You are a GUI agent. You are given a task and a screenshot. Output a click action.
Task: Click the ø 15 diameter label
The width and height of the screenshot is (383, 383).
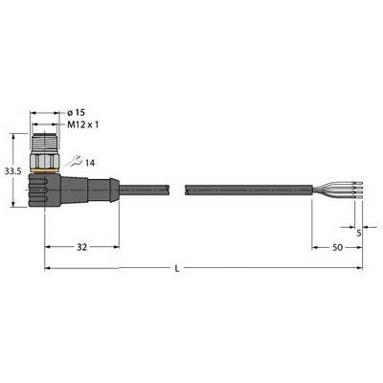(x=77, y=112)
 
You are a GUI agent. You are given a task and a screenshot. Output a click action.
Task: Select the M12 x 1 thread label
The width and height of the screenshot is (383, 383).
(x=83, y=124)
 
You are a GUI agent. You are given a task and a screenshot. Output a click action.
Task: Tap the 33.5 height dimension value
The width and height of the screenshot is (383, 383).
(x=12, y=171)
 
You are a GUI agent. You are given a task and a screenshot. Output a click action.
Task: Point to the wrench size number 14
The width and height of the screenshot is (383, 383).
(x=90, y=163)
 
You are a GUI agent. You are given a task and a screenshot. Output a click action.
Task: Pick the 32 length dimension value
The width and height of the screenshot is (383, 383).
(x=81, y=247)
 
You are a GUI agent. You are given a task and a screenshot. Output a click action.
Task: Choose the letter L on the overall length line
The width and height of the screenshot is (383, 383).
(x=177, y=269)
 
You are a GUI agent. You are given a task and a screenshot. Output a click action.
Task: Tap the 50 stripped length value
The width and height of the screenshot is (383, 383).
(x=338, y=247)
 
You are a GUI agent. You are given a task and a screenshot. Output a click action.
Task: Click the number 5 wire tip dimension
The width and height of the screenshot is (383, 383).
(x=358, y=234)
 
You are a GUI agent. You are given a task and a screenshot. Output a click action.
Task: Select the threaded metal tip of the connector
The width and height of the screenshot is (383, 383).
(x=45, y=143)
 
